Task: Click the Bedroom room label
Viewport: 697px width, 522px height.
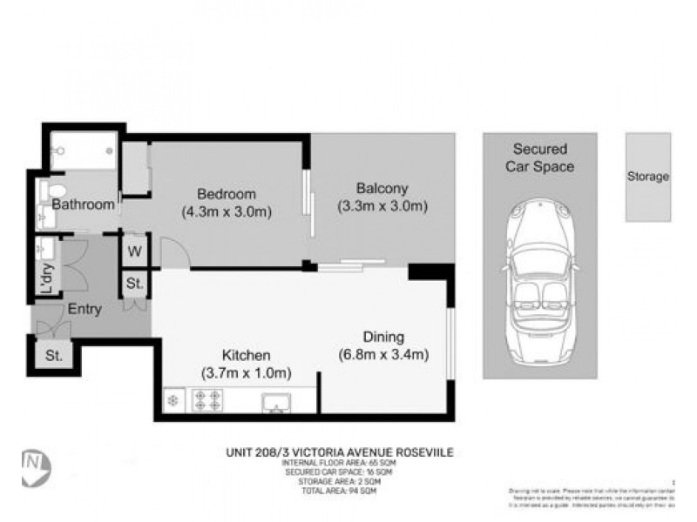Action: coord(226,193)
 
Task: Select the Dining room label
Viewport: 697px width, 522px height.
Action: coord(382,338)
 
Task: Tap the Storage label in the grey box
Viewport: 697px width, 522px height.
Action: coord(648,177)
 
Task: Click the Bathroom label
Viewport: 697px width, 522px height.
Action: coord(84,205)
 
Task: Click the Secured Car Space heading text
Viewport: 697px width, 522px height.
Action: coord(540,157)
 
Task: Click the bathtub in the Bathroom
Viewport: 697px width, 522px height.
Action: coord(83,151)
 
